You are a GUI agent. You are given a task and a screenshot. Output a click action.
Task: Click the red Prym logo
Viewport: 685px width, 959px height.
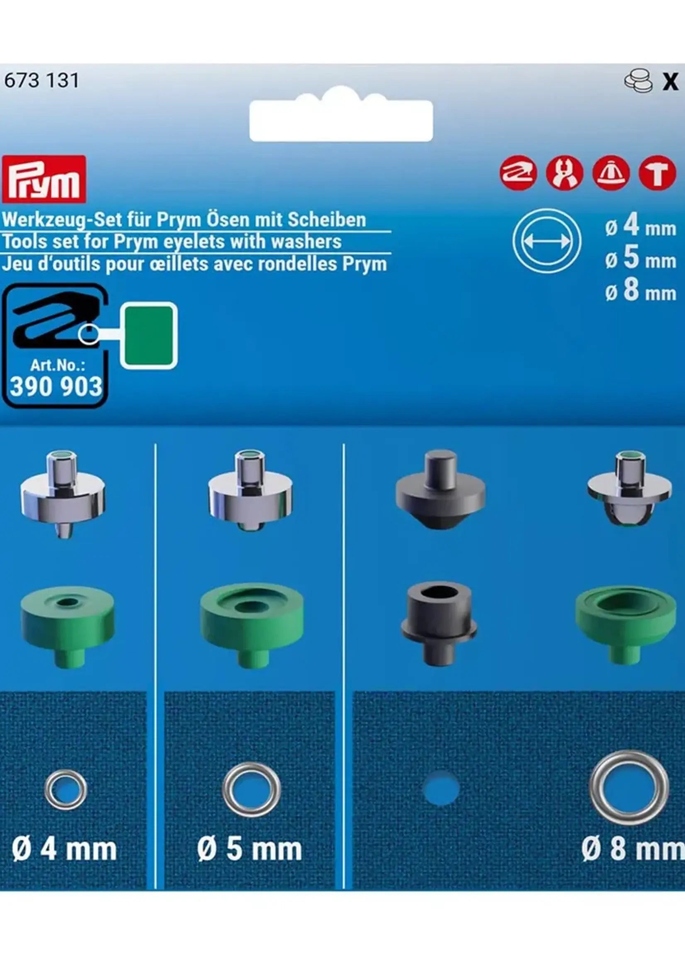(44, 179)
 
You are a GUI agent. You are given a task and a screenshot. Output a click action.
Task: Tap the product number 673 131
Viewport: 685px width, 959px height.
(41, 80)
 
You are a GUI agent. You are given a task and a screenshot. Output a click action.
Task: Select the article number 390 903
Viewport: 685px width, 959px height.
(56, 386)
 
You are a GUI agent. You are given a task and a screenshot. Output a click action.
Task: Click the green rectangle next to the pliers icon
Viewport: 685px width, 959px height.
(149, 335)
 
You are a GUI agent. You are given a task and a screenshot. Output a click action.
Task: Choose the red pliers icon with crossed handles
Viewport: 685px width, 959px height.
(564, 173)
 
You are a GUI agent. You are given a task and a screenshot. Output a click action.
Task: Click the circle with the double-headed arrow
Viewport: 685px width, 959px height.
(547, 241)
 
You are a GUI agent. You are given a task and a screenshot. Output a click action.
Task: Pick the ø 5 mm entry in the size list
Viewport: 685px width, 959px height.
(640, 259)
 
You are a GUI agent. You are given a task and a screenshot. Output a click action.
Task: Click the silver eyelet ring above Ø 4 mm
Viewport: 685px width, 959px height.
(66, 790)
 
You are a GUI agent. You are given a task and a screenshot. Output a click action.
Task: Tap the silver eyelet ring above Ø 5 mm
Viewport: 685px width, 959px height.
(251, 789)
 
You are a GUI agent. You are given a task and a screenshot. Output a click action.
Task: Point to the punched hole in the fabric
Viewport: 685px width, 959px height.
(440, 788)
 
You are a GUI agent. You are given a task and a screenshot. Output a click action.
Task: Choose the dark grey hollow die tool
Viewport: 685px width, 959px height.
(439, 623)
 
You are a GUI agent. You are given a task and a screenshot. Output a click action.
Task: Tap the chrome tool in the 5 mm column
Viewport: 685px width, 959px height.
(250, 491)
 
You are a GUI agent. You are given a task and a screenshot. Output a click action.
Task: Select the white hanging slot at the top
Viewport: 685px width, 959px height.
(341, 120)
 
